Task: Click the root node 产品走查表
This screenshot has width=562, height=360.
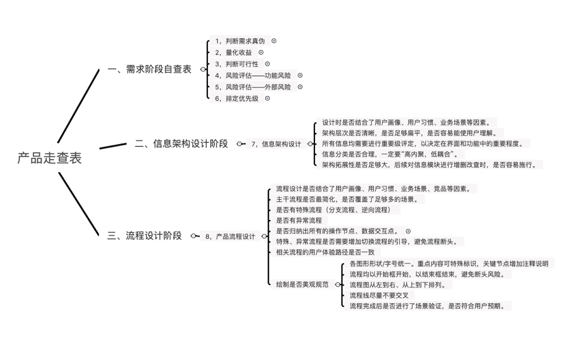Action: click(x=49, y=158)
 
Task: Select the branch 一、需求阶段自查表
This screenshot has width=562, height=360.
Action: click(x=150, y=69)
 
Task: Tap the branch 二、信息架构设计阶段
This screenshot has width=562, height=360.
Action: click(x=181, y=143)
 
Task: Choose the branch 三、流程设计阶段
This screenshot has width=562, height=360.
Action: click(x=145, y=236)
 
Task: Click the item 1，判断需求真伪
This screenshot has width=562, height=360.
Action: click(x=239, y=41)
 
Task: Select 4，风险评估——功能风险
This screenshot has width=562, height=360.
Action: click(x=252, y=76)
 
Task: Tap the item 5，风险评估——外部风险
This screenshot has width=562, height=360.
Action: click(x=252, y=87)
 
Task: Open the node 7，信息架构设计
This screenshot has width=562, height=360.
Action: click(x=276, y=143)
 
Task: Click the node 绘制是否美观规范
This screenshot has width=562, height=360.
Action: click(x=302, y=284)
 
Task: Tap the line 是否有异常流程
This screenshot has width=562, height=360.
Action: click(x=299, y=221)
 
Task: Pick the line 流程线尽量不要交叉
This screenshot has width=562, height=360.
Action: click(x=383, y=295)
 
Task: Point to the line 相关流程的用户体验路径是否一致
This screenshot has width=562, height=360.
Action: click(x=325, y=252)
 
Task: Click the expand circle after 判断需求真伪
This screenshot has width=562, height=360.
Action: click(x=273, y=41)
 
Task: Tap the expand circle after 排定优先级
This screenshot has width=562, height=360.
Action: click(x=268, y=98)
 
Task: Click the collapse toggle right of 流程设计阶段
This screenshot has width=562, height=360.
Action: click(x=194, y=236)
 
